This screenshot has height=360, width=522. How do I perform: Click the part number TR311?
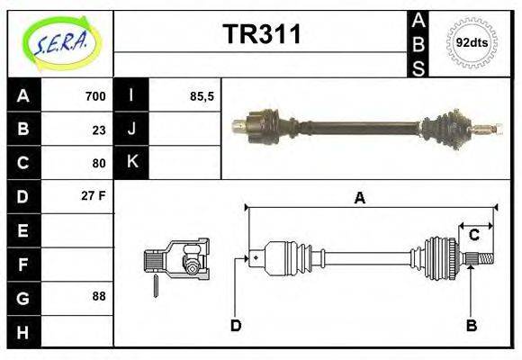point(261,35)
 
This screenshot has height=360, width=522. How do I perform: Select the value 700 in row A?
point(94,96)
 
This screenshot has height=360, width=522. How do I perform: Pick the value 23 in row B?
point(98,130)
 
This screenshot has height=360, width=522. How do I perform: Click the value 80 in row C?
point(98,163)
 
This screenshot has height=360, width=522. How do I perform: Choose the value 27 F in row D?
point(94,194)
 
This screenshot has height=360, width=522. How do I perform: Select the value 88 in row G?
point(98,295)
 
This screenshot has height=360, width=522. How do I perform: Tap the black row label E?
point(23,230)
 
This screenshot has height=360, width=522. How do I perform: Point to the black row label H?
point(23,331)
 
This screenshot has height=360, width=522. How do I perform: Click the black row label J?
point(131,130)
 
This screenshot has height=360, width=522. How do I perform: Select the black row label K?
point(131,163)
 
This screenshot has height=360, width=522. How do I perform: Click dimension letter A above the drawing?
point(360,199)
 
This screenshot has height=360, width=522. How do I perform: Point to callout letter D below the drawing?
point(236,325)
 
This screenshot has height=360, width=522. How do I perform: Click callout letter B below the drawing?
point(471,325)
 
